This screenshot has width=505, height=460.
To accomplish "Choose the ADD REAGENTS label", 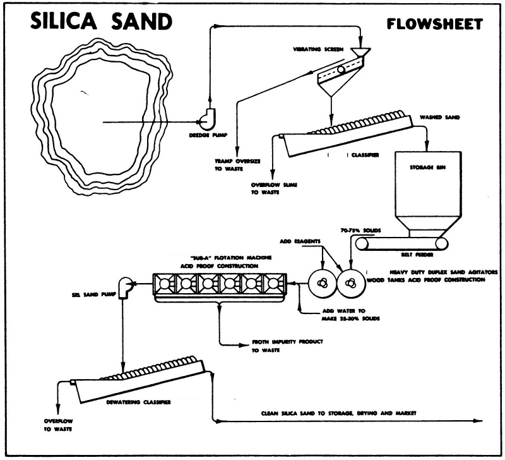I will pyautogui.click(x=300, y=241).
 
